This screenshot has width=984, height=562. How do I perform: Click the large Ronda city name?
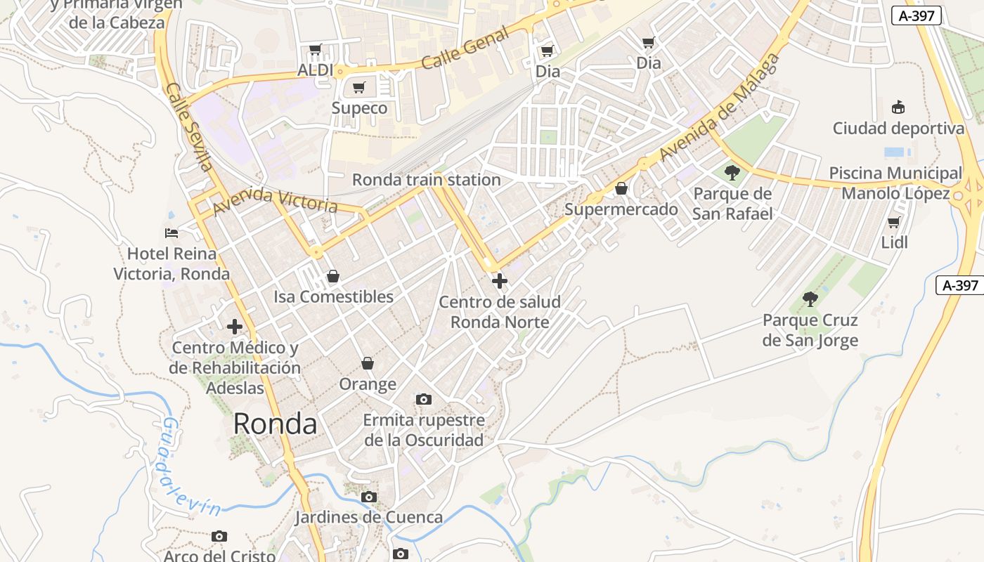[x=275, y=424]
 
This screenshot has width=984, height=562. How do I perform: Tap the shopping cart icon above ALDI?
[x=316, y=50]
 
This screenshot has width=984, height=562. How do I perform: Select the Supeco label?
[x=359, y=108]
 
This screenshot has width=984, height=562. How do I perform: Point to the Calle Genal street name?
[x=465, y=48]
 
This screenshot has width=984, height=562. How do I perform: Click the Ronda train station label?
[x=426, y=180]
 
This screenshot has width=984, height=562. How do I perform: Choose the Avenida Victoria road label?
[x=275, y=200]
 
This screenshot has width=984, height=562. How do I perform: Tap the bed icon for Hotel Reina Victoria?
[x=171, y=233]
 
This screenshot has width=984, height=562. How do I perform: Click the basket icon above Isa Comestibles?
[x=333, y=276]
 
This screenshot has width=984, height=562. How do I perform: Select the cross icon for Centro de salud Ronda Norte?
[x=499, y=281]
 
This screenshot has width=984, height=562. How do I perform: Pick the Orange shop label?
[x=368, y=384]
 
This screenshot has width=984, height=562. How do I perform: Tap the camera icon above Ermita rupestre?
[x=423, y=399]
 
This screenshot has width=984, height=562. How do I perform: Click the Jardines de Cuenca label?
[x=368, y=518]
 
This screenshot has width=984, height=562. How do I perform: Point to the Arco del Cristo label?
[x=219, y=556]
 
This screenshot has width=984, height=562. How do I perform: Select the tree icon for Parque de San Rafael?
[x=732, y=172]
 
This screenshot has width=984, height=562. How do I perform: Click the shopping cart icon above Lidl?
[x=894, y=222]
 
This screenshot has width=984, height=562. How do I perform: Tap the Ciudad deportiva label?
[x=898, y=129]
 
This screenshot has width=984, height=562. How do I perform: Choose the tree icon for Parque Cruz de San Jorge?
[x=810, y=299]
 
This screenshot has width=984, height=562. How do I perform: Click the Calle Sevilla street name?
[x=189, y=127]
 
